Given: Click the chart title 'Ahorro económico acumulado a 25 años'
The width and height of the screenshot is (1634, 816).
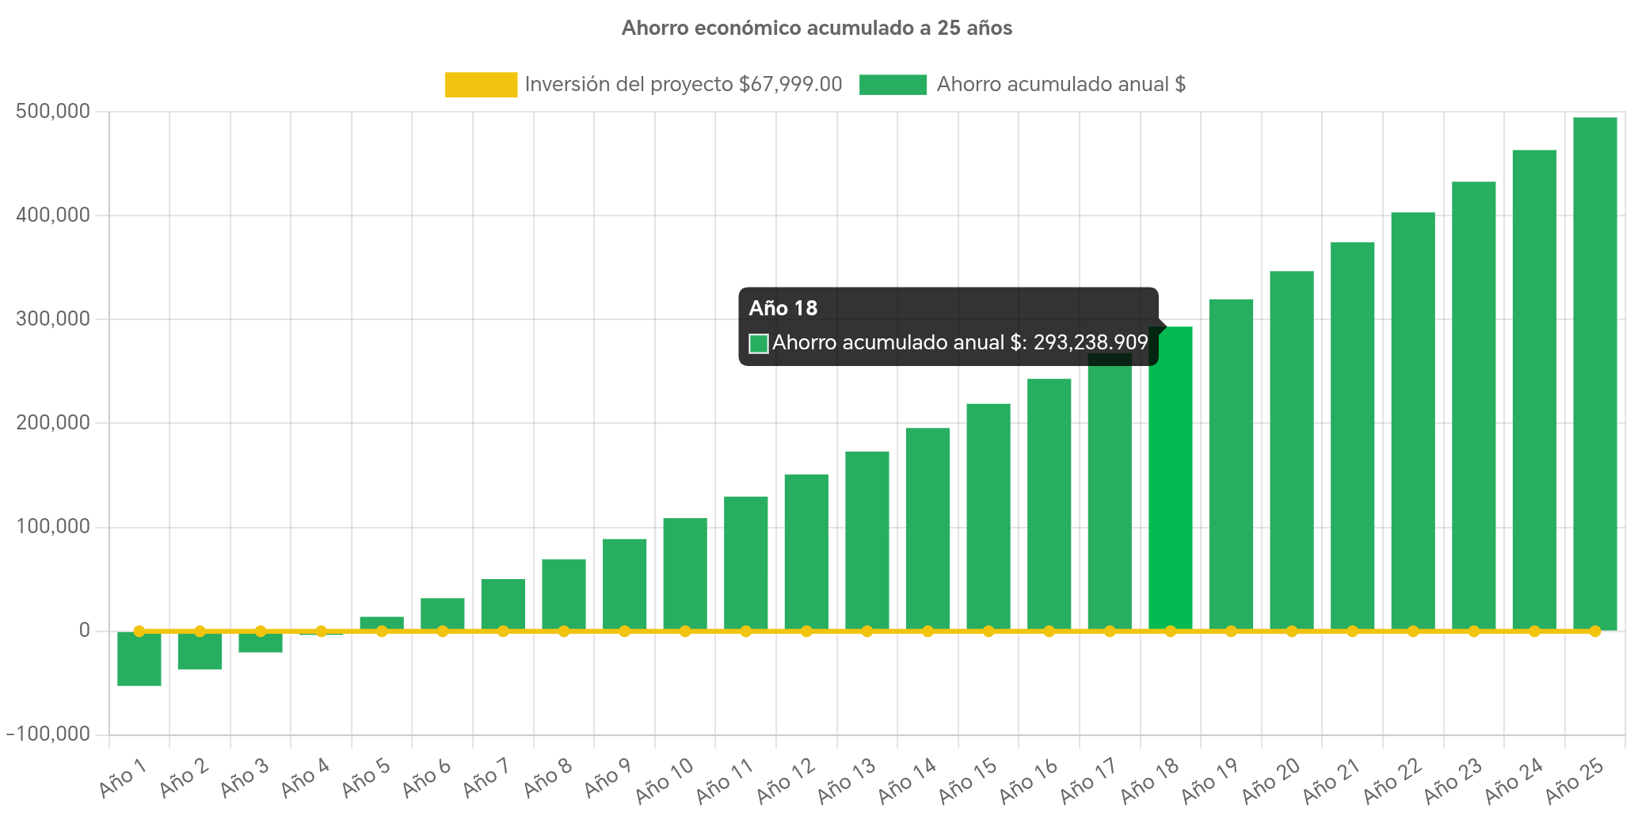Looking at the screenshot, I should pyautogui.click(x=817, y=29).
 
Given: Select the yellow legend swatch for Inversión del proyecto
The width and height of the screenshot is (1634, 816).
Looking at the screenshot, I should pyautogui.click(x=481, y=85).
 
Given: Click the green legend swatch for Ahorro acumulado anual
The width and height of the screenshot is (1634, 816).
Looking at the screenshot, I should pyautogui.click(x=893, y=85).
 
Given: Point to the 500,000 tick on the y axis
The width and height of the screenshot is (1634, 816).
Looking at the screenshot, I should pyautogui.click(x=52, y=111).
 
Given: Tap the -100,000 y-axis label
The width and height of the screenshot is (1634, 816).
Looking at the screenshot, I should pyautogui.click(x=48, y=734).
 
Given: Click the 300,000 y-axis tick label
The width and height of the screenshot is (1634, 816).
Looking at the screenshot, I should pyautogui.click(x=52, y=318).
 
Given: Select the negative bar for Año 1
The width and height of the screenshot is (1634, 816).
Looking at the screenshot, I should pyautogui.click(x=139, y=658).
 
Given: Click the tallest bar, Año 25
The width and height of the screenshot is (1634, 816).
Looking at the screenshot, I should pyautogui.click(x=1594, y=372).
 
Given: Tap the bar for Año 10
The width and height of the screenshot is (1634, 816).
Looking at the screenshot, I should pyautogui.click(x=685, y=574).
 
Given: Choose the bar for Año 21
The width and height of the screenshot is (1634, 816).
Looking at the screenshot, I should pyautogui.click(x=1352, y=436).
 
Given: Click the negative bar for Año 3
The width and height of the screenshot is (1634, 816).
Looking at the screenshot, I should pyautogui.click(x=261, y=643).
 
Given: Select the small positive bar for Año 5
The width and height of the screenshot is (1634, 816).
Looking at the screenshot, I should pyautogui.click(x=382, y=623).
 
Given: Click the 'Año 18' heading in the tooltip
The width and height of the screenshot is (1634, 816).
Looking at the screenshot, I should pyautogui.click(x=783, y=308).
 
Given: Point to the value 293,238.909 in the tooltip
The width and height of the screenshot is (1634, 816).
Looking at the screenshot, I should pyautogui.click(x=1090, y=342).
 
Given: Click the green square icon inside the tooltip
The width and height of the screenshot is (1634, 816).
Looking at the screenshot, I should pyautogui.click(x=758, y=343).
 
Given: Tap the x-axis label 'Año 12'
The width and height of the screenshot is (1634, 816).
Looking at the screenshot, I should pyautogui.click(x=785, y=780).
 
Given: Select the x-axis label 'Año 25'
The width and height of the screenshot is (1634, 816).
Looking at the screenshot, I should pyautogui.click(x=1575, y=780).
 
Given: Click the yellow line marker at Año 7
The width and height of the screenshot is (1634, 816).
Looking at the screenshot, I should pyautogui.click(x=503, y=631).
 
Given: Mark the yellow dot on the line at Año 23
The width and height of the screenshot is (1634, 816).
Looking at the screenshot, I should pyautogui.click(x=1473, y=631).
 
